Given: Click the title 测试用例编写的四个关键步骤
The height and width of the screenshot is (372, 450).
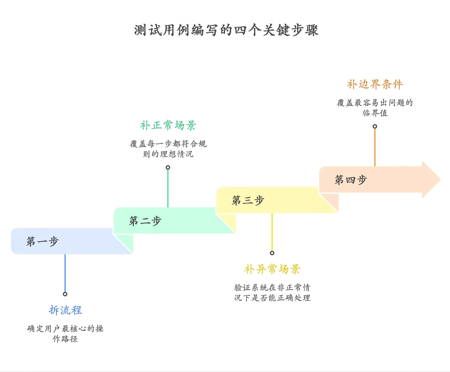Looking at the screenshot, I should point(226,30).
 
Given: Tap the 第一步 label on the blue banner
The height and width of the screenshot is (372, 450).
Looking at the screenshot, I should point(43,241).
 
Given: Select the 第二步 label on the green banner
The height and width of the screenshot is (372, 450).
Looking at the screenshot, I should point(145,221).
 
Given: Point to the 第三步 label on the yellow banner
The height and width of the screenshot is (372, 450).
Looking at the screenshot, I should point(248,200).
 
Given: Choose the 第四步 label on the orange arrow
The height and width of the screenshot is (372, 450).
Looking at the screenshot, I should point(351,180).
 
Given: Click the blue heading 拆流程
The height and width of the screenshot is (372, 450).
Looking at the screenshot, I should point(65,310).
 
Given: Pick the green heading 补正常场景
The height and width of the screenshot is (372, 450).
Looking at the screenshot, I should point(168,125).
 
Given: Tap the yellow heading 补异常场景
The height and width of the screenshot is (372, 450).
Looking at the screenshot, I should point(272,269).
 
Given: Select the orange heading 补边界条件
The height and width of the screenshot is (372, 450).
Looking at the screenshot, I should point(375,84).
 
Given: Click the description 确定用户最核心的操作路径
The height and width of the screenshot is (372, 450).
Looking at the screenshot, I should point(65,333).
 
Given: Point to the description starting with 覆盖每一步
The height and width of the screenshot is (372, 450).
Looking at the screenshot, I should point(168,149).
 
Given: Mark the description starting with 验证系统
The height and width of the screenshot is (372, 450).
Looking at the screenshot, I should point(272,292).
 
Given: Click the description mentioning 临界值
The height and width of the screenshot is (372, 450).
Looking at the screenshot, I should point(375,108).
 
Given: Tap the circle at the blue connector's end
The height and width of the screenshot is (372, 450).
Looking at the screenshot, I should point(65,294).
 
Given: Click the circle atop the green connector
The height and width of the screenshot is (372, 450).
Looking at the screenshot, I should point(168,167).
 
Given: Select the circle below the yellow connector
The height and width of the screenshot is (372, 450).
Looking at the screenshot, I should point(272,253).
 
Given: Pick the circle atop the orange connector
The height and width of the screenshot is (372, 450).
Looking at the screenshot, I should point(375,126).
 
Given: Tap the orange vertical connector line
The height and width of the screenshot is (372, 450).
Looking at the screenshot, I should point(375,147).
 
